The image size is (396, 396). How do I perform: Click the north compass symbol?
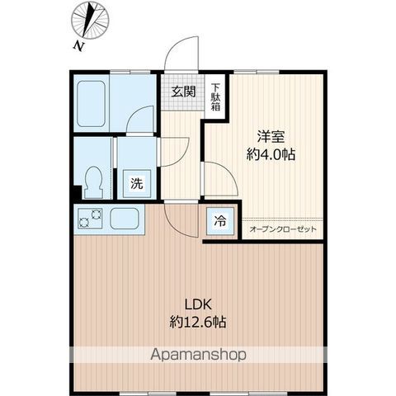tap(90, 21)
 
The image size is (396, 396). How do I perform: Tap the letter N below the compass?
tap(78, 46)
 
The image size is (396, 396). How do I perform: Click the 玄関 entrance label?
tap(183, 92)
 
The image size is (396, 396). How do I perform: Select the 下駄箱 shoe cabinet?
tap(216, 97)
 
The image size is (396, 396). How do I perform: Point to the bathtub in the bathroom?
tap(91, 104)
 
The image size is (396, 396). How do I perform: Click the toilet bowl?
tap(94, 182)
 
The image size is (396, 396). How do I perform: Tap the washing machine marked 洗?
tap(137, 183)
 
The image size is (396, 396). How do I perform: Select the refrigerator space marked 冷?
tap(220, 221)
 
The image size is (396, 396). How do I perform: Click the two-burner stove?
tap(90, 218)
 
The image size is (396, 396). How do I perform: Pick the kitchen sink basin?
tap(124, 219)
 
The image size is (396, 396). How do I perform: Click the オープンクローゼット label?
tap(283, 229)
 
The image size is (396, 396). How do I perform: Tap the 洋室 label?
tap(271, 137)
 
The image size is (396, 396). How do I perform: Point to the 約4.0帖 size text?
tap(271, 155)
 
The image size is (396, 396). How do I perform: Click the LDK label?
tap(198, 304)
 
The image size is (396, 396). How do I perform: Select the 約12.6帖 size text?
tap(198, 322)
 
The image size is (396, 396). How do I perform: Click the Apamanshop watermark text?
tap(198, 355)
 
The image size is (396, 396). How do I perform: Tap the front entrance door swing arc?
tap(173, 45)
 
